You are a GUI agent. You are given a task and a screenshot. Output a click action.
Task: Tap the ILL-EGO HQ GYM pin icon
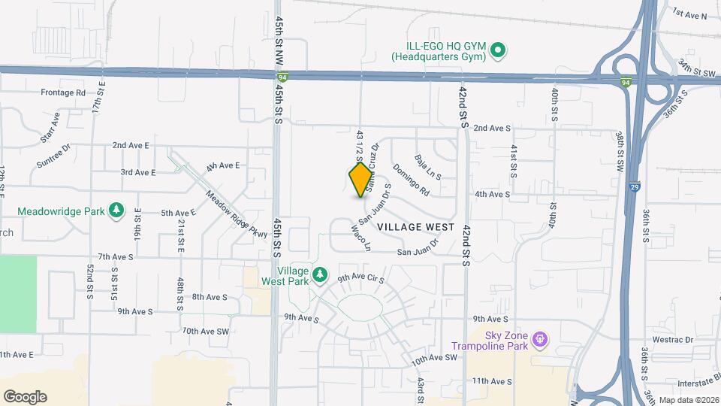click(x=496, y=51)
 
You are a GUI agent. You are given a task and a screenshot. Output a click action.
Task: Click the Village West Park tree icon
click(x=320, y=275)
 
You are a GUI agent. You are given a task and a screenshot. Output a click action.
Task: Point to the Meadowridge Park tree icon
click(x=116, y=209)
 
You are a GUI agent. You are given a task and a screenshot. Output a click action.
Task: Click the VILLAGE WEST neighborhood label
click(x=415, y=226)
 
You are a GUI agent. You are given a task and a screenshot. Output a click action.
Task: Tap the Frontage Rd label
click(x=63, y=92)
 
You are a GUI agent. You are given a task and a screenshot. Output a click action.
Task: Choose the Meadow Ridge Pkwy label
click(x=238, y=214)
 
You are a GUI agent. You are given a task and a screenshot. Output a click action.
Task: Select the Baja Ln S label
click(x=428, y=167)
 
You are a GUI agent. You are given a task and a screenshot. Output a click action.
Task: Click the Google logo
click(x=25, y=397)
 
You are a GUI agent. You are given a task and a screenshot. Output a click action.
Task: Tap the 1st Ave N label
click(x=689, y=14)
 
